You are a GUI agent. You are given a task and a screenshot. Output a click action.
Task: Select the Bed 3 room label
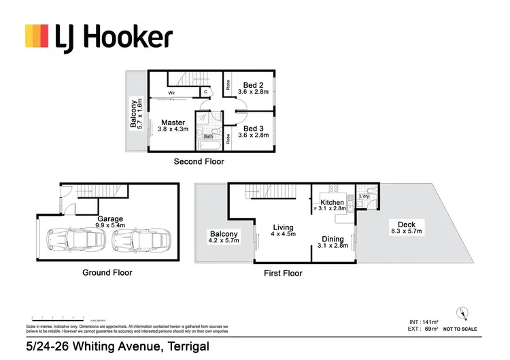253,128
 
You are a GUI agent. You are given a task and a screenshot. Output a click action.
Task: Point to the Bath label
209,136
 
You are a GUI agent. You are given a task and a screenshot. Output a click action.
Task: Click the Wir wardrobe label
173,95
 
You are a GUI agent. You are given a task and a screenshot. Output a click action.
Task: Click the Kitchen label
333,202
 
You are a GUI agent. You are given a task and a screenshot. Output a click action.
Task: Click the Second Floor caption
199,162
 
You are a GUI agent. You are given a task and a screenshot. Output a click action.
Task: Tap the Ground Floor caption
108,272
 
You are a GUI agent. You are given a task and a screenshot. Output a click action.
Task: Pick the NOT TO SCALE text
460,329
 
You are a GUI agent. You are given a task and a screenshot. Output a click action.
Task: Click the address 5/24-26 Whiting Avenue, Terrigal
116,346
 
